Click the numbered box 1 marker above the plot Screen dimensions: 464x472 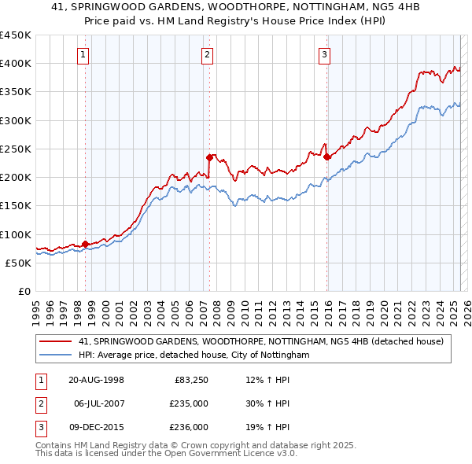click(83, 54)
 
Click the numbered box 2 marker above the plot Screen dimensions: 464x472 click(206, 54)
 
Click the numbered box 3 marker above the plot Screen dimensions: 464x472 click(324, 54)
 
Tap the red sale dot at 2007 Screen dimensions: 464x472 click(210, 157)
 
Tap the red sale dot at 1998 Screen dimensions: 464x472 click(85, 244)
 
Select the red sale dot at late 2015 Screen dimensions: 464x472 click(327, 157)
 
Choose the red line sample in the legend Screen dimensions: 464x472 click(56, 341)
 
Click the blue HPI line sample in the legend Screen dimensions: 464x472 click(56, 355)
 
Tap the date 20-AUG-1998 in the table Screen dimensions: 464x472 click(96, 380)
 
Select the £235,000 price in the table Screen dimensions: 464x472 click(190, 403)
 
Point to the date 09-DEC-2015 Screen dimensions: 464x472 click(97, 427)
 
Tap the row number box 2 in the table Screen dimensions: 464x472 click(39, 403)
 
